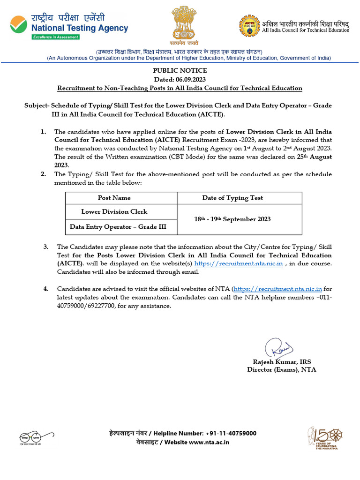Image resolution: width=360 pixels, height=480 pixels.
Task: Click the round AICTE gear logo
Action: (x=249, y=26)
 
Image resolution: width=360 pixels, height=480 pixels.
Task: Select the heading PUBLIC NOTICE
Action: (x=180, y=71)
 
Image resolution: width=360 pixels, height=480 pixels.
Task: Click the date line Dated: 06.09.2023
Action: (x=180, y=79)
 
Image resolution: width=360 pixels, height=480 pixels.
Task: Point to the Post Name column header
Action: (x=114, y=198)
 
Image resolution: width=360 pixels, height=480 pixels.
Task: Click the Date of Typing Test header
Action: (x=232, y=198)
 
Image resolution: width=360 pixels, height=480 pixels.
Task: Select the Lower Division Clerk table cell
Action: (x=114, y=212)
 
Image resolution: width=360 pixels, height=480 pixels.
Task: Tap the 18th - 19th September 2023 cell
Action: (x=232, y=219)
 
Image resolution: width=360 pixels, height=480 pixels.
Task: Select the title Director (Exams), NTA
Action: (x=282, y=369)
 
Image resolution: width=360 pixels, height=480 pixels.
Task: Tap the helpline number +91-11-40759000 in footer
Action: (x=231, y=433)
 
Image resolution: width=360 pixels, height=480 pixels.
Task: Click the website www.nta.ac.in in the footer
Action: (x=209, y=442)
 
